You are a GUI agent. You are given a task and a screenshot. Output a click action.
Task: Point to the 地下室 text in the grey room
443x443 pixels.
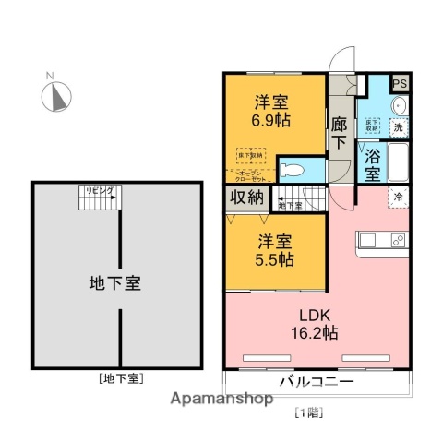[x=114, y=281]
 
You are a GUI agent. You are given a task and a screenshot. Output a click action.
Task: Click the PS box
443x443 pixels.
[x=399, y=84]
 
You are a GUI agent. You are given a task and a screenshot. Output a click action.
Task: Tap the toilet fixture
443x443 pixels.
[x=291, y=170]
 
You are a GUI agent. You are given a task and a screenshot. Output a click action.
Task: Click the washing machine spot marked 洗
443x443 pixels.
[x=399, y=127]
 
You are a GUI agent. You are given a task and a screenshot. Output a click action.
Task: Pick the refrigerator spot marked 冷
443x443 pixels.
[x=399, y=198]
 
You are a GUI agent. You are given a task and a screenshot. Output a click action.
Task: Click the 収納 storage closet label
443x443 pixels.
[x=247, y=197]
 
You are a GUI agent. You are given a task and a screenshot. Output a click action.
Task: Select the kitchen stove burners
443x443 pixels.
[x=397, y=242]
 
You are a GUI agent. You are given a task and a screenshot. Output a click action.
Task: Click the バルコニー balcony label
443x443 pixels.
[x=314, y=381]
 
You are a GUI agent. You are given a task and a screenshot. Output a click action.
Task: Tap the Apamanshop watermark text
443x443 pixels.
[x=219, y=401]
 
